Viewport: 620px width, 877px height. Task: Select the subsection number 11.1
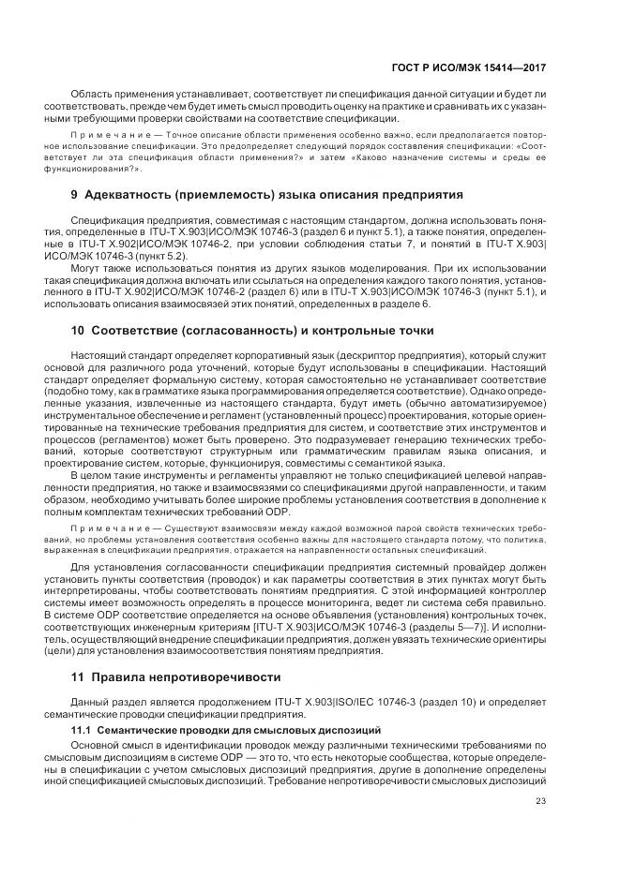tap(82, 728)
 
